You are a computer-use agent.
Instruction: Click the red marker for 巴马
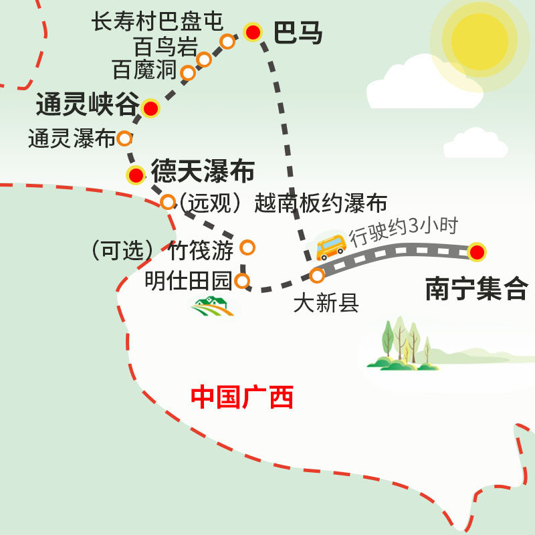252,31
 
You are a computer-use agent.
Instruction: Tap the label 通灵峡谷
87,105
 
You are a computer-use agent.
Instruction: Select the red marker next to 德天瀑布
136,175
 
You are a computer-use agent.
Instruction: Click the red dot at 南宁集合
476,252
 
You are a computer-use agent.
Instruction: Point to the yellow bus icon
330,247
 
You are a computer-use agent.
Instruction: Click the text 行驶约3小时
403,227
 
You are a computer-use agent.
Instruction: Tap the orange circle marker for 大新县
318,275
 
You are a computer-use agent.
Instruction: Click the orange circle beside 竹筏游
247,247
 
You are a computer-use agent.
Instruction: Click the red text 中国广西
242,397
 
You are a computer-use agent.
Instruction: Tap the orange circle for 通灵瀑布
124,138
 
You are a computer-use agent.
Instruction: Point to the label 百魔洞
144,69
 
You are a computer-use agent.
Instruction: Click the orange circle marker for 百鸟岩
204,60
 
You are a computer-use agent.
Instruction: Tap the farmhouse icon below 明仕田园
212,307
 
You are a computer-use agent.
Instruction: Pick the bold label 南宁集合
476,290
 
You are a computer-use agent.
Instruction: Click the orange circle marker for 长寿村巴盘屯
227,41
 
